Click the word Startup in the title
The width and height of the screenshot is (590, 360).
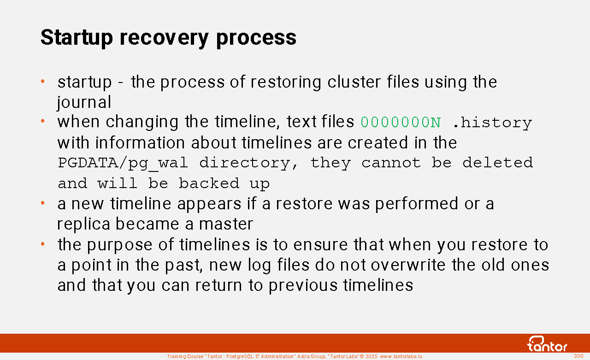click(77, 38)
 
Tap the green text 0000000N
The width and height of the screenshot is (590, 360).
click(401, 123)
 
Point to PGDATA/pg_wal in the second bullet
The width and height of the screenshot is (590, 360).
click(123, 163)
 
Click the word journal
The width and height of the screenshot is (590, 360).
click(84, 102)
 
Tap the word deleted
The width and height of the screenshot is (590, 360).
click(498, 163)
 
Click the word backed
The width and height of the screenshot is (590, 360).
click(209, 183)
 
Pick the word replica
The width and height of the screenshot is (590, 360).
click(84, 224)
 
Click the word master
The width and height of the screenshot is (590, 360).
click(226, 224)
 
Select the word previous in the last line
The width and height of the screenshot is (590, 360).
click(303, 286)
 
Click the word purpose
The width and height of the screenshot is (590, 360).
click(119, 245)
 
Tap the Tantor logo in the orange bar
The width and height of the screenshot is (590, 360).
click(547, 344)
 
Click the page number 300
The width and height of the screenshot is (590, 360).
click(578, 356)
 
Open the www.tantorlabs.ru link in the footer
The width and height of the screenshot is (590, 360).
click(401, 356)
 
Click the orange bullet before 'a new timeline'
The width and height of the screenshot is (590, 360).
click(43, 203)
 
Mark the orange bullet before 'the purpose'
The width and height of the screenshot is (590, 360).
click(43, 244)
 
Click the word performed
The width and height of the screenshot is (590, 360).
click(417, 204)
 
